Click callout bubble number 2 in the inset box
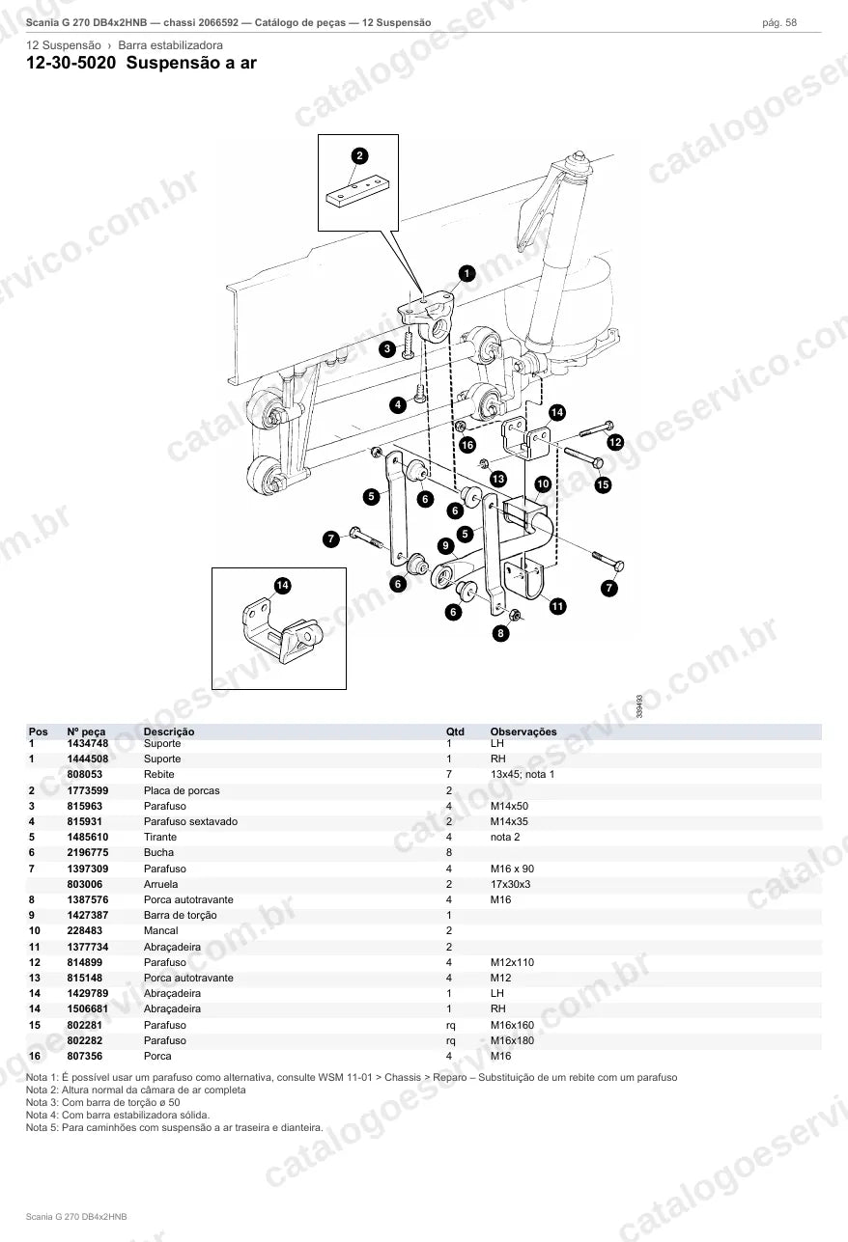(359, 155)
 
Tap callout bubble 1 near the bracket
(466, 273)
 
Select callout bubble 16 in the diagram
(467, 445)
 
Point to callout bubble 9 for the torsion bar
(445, 546)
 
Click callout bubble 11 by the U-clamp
(557, 606)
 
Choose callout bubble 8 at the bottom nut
(500, 633)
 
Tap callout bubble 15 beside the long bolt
(603, 484)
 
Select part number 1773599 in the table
(88, 790)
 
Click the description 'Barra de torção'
(180, 916)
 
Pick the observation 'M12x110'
(512, 962)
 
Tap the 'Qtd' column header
(455, 731)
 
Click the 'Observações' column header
(523, 731)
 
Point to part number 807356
(84, 1057)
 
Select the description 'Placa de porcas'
(182, 790)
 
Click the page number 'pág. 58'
(779, 23)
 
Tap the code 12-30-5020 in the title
(71, 63)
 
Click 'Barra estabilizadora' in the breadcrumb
(170, 45)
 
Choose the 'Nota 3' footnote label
(42, 1102)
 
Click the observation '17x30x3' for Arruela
(510, 884)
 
